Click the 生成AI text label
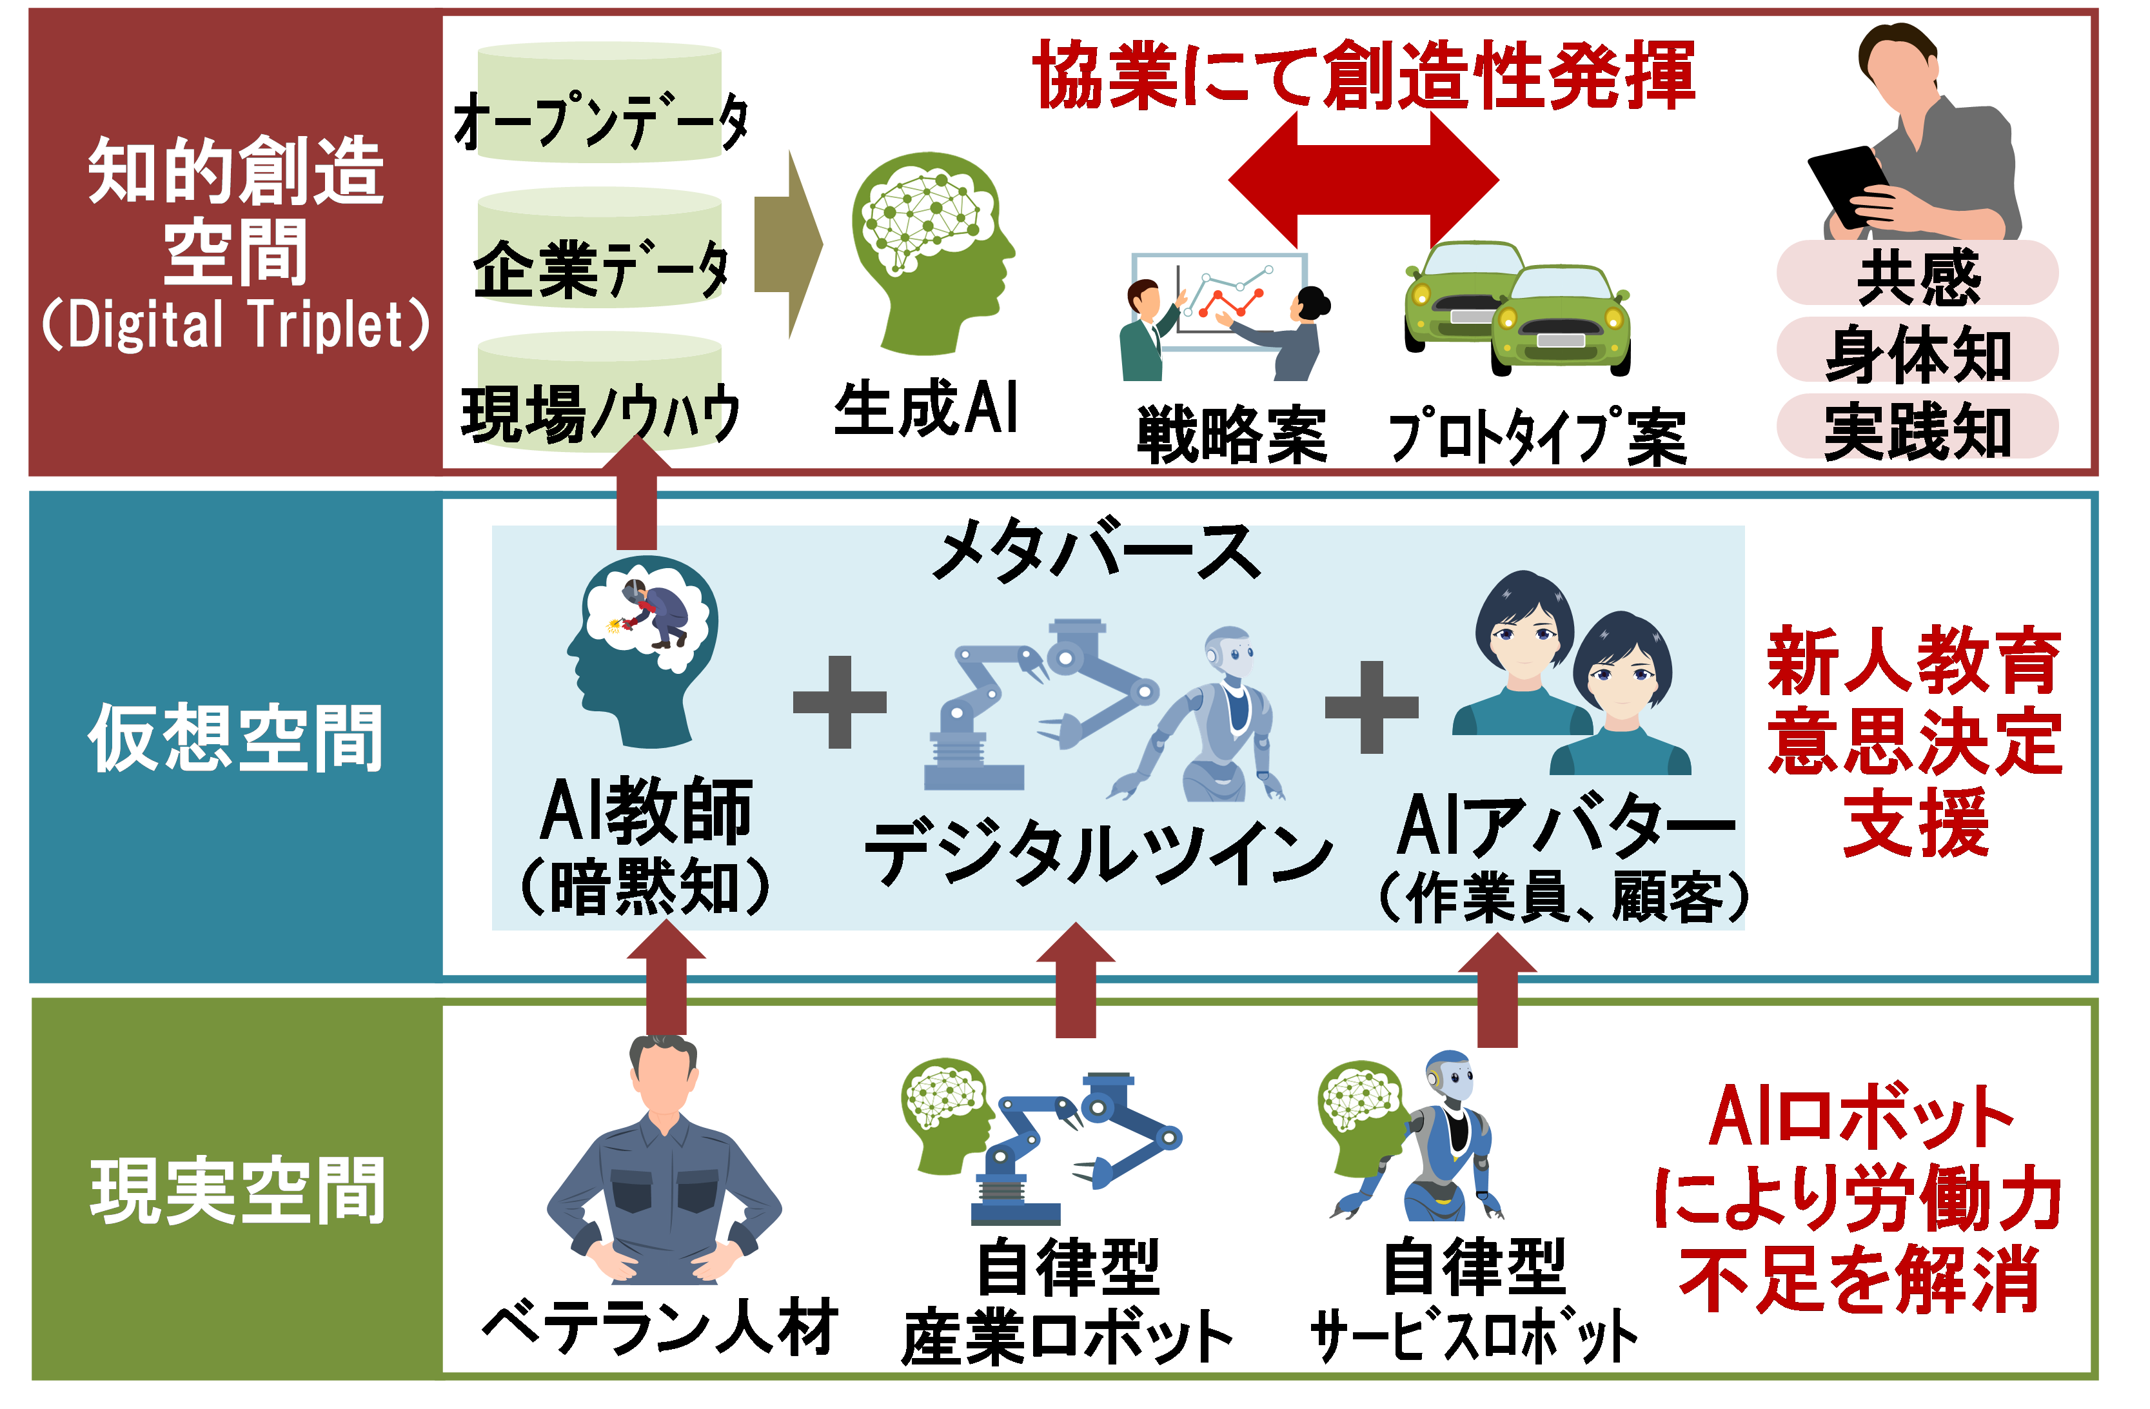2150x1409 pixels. pyautogui.click(x=926, y=408)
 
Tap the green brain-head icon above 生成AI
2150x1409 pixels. pyautogui.click(x=931, y=253)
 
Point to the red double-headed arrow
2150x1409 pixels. pyautogui.click(x=1363, y=181)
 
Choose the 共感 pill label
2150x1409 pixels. pyautogui.click(x=1917, y=275)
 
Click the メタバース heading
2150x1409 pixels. pyautogui.click(x=1096, y=551)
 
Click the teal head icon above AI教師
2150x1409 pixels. pyautogui.click(x=646, y=650)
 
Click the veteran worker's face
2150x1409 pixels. pyautogui.click(x=664, y=1079)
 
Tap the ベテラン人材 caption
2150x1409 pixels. pyautogui.click(x=660, y=1328)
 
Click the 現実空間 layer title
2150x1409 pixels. pyautogui.click(x=237, y=1192)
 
